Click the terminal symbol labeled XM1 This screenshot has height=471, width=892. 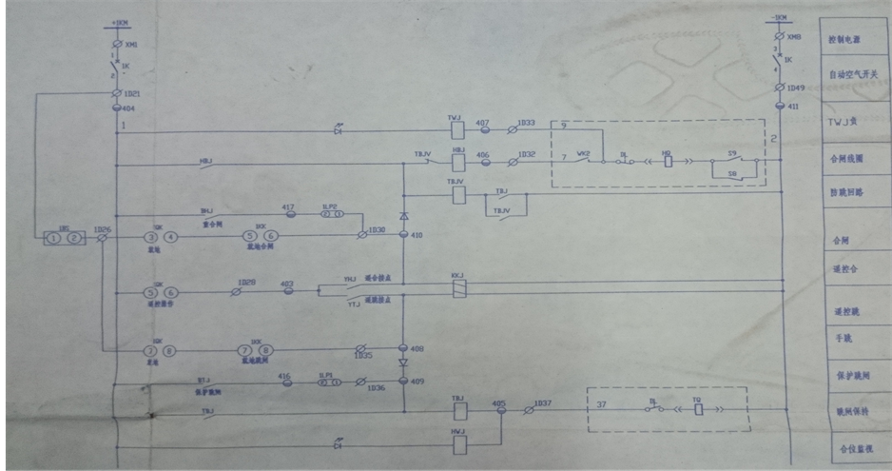116,45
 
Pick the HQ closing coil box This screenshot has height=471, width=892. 667,161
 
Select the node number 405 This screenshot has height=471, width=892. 498,403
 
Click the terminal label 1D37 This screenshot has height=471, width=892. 542,403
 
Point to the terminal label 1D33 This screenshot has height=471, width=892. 526,122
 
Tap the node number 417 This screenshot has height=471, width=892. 288,206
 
